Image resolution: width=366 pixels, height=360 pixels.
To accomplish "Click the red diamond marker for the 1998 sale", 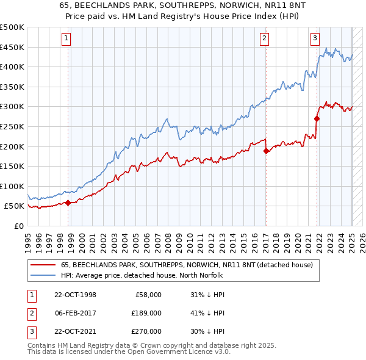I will (x=68, y=203).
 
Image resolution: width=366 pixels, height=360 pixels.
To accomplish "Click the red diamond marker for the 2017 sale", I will (x=266, y=151).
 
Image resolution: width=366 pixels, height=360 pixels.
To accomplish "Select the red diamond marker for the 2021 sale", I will (x=317, y=118).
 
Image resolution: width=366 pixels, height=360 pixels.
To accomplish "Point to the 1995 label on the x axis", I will (x=28, y=240).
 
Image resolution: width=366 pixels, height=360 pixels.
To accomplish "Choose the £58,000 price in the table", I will (x=148, y=295).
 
